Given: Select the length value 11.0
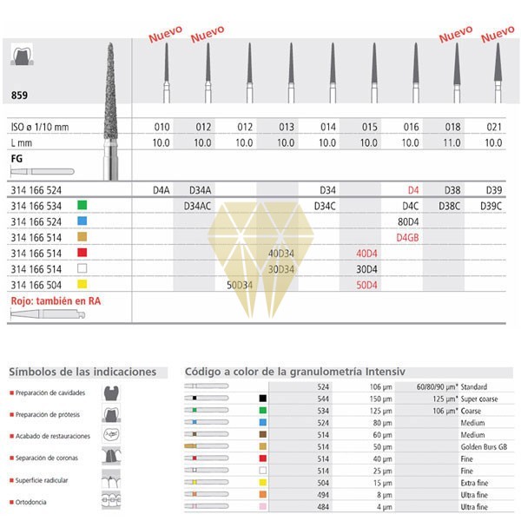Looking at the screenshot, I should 455,142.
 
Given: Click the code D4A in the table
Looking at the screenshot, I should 162,189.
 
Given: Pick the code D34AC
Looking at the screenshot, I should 201,206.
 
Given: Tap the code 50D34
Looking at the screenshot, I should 241,284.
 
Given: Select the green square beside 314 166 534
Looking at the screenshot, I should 82,206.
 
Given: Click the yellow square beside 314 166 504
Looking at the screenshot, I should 82,284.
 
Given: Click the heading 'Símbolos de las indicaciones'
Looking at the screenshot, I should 82,372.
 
